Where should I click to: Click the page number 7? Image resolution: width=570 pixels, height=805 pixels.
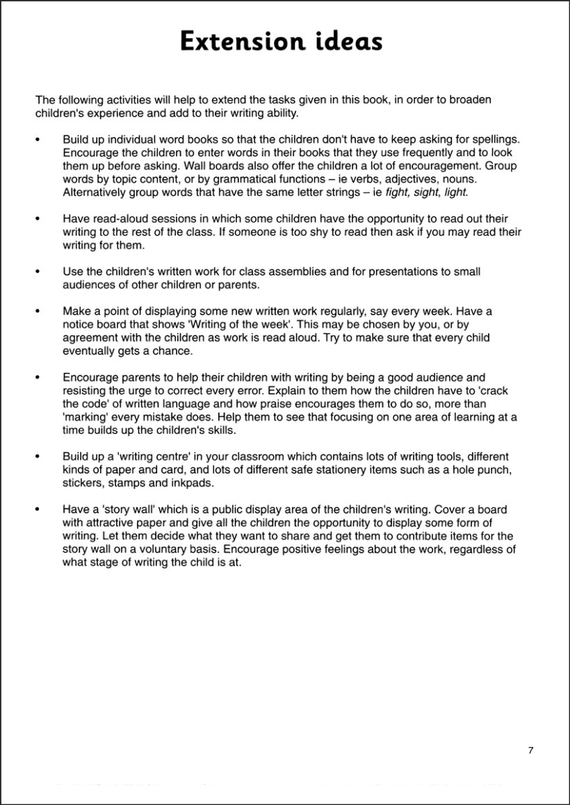point(530,750)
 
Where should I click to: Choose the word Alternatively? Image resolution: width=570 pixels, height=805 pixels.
point(96,192)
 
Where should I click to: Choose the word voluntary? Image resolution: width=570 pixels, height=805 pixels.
point(177,549)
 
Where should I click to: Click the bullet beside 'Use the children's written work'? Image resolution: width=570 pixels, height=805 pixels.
point(38,272)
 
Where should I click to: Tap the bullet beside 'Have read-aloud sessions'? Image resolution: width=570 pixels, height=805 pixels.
point(38,219)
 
